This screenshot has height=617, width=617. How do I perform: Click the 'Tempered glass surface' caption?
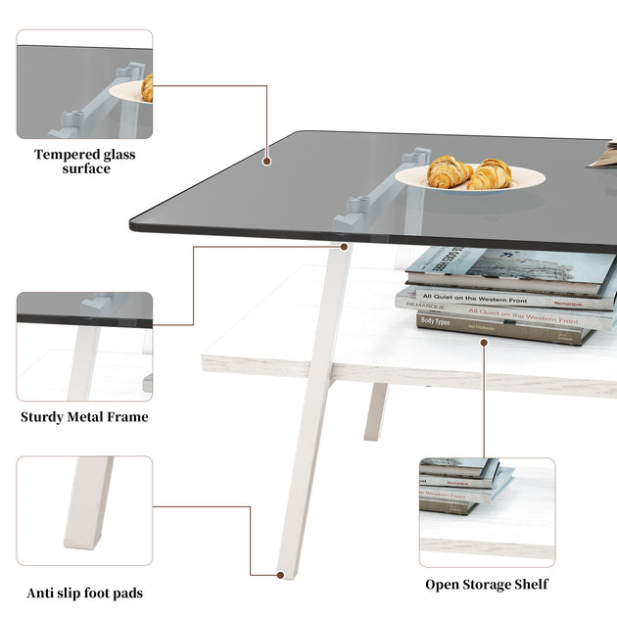(85, 161)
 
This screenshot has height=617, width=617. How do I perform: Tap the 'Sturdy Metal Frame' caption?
(85, 417)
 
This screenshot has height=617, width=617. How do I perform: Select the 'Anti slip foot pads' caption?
(85, 592)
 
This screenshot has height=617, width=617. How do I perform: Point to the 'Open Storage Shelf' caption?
(487, 585)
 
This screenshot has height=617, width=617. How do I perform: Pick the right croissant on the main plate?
(491, 174)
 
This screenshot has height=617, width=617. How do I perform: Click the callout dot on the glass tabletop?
(267, 158)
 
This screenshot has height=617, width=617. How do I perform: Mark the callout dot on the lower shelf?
(483, 342)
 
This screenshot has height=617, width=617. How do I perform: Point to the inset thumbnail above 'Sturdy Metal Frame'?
(85, 346)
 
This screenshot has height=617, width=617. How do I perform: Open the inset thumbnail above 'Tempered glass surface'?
(85, 84)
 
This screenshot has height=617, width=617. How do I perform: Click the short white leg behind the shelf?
(376, 410)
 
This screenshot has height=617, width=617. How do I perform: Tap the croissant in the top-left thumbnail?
(147, 87)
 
